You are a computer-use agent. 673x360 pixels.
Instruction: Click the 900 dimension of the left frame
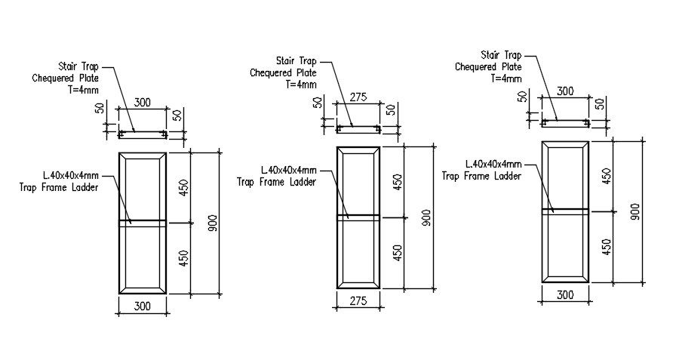214,223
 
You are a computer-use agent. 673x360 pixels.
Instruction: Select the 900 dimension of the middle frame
428,217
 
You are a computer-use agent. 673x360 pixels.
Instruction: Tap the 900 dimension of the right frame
635,211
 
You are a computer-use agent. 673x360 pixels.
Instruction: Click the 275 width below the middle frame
359,300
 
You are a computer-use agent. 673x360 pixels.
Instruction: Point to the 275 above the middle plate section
359,97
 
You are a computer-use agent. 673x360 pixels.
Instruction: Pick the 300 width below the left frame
143,306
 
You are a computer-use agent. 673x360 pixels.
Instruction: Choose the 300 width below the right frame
565,295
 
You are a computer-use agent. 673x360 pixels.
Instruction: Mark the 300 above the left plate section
143,102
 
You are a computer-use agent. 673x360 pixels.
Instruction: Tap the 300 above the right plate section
565,91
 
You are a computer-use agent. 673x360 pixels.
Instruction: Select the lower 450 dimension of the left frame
183,257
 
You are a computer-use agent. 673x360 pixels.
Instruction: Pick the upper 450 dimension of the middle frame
398,182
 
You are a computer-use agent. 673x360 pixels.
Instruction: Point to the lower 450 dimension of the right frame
606,246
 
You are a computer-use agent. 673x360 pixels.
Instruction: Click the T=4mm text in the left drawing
83,89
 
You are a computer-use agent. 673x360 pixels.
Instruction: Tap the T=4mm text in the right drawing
506,78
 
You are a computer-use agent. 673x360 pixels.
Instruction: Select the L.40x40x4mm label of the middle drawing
288,171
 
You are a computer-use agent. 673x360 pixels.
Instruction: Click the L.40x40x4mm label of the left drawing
70,177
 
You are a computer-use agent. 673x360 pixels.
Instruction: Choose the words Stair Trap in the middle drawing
296,61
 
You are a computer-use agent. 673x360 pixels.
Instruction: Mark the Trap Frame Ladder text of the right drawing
481,176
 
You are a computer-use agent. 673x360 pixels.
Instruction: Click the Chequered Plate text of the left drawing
65,78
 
